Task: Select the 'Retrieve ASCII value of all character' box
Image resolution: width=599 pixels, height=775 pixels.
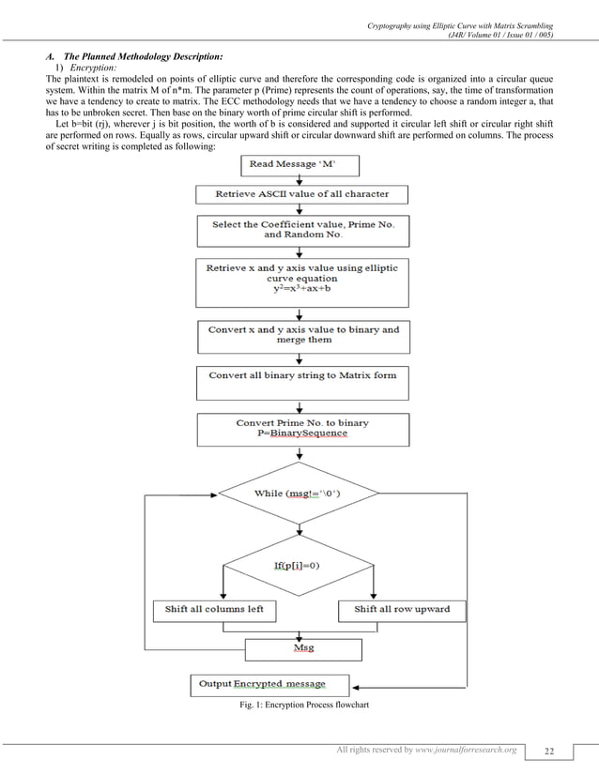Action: pyautogui.click(x=301, y=195)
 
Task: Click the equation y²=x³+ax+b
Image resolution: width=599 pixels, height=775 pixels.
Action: pyautogui.click(x=301, y=290)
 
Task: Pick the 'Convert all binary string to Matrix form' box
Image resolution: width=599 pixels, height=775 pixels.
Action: pyautogui.click(x=301, y=375)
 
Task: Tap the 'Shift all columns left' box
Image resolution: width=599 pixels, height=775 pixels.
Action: pyautogui.click(x=214, y=609)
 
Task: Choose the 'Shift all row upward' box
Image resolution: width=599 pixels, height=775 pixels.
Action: pyautogui.click(x=402, y=609)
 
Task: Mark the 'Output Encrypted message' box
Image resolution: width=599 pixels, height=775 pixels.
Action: pyautogui.click(x=270, y=683)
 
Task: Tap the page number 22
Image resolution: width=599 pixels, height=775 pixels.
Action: pyautogui.click(x=548, y=751)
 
